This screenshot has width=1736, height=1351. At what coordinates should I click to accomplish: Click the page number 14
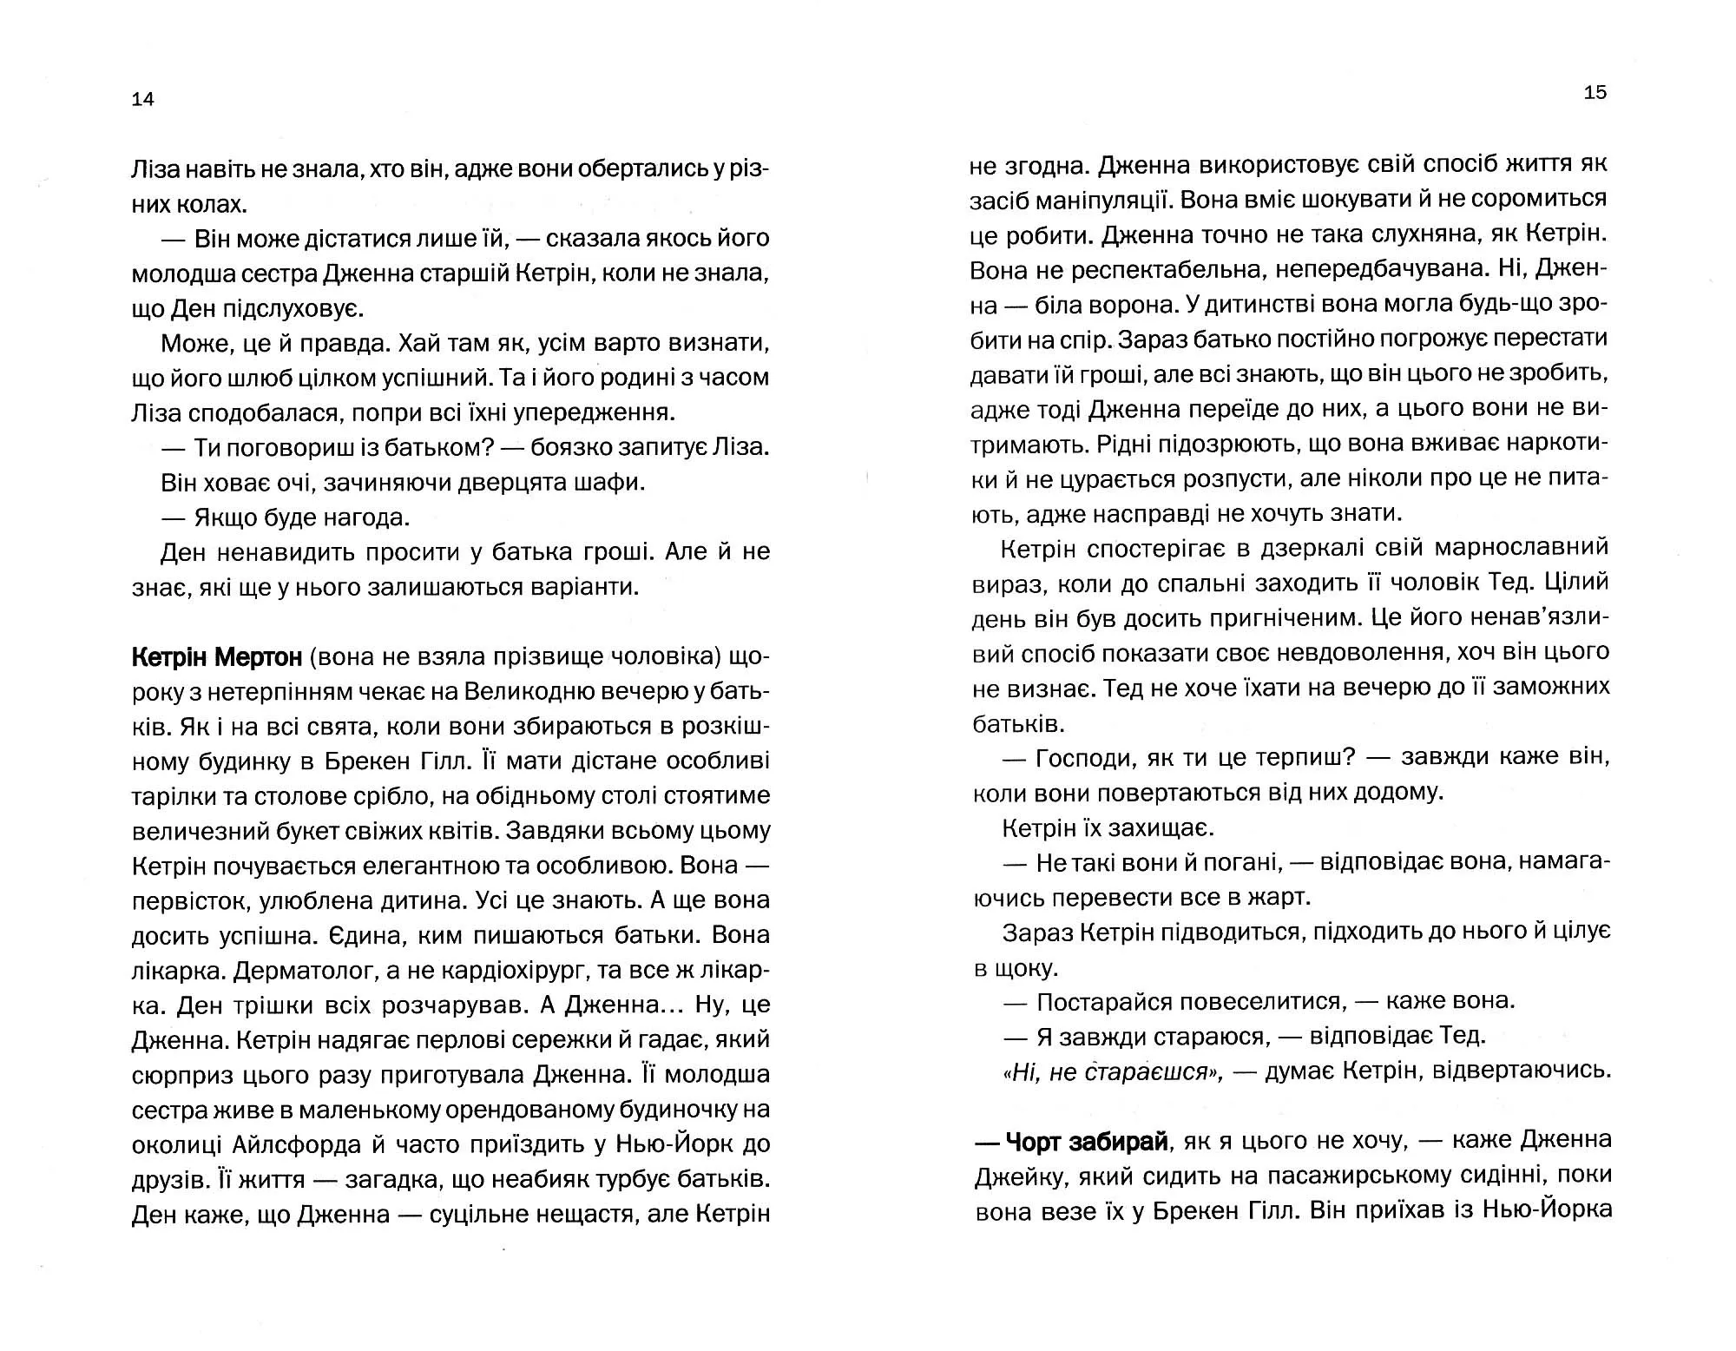[x=143, y=99]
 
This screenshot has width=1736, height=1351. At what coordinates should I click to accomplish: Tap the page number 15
[x=1595, y=92]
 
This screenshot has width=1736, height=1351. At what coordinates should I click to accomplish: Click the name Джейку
[x=1016, y=1176]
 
